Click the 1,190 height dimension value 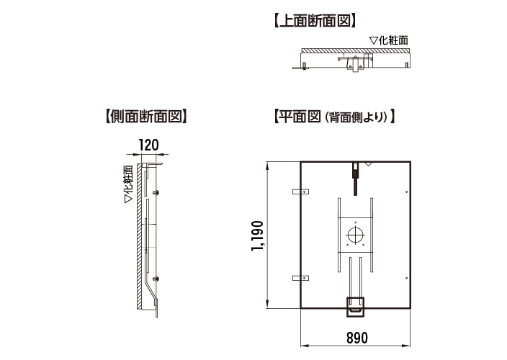click(x=258, y=235)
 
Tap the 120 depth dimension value click(x=148, y=144)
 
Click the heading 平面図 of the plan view click(x=295, y=115)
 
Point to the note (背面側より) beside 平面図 click(x=357, y=116)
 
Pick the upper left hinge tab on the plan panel click(x=299, y=193)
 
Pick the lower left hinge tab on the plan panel click(x=299, y=277)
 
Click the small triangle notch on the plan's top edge click(x=369, y=165)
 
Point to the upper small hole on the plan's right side click(x=408, y=192)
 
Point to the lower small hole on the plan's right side click(x=408, y=279)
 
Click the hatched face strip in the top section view click(x=356, y=50)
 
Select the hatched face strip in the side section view click(x=137, y=238)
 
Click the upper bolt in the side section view click(x=156, y=192)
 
